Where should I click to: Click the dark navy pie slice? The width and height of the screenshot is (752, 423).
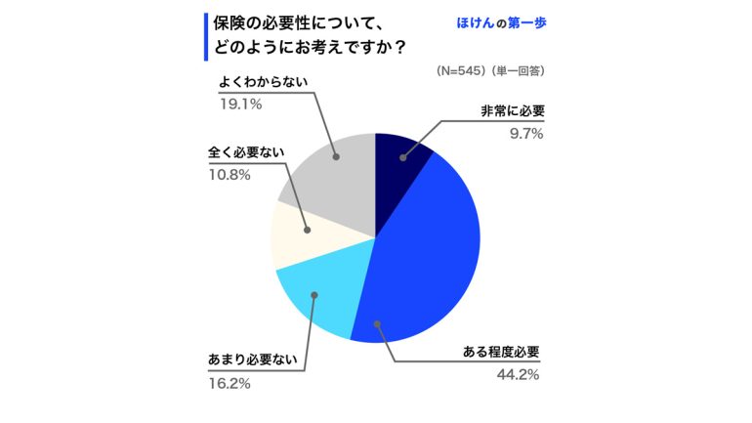[400, 162]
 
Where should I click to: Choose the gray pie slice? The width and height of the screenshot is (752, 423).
[332, 181]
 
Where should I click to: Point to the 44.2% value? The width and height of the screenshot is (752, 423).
[518, 374]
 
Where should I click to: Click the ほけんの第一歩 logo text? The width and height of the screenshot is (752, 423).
[497, 22]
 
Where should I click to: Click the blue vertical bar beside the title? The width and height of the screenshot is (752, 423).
[206, 36]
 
